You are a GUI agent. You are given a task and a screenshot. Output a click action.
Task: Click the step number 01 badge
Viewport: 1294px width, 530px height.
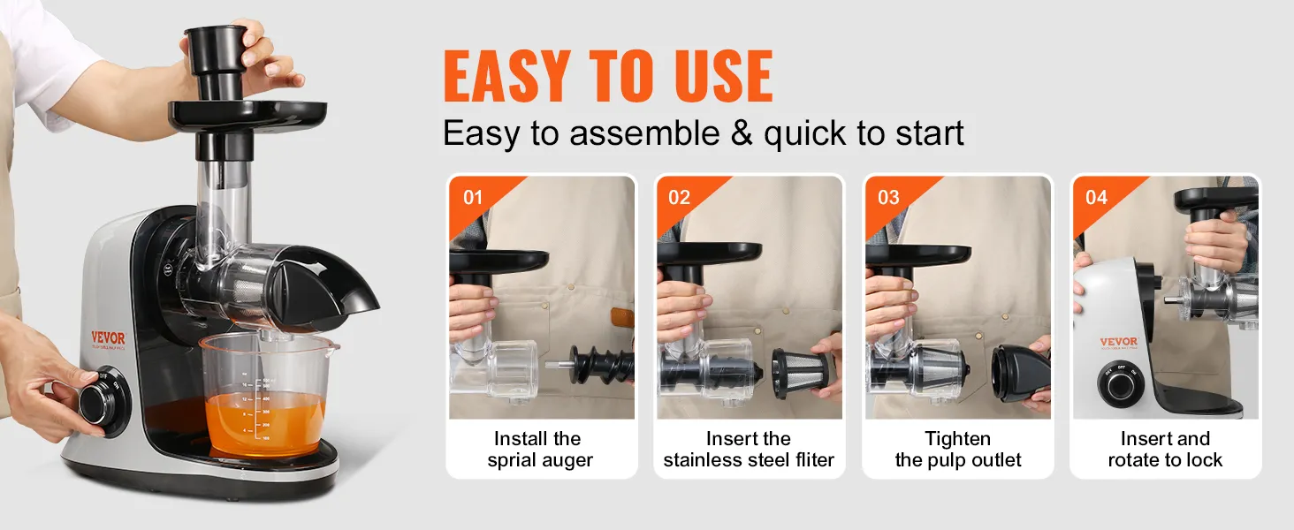pos(473,197)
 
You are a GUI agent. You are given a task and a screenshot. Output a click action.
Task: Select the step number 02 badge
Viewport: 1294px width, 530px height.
pos(679,197)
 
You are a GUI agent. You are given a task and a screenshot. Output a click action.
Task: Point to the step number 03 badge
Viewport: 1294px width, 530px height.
pos(887,197)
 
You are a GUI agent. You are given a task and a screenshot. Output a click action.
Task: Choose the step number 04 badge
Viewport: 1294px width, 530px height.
pos(1096,197)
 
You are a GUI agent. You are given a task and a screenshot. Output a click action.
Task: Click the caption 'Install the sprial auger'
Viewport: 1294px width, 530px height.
pos(540,450)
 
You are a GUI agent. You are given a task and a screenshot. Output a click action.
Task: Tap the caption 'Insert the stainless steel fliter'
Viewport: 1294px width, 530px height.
pos(749,450)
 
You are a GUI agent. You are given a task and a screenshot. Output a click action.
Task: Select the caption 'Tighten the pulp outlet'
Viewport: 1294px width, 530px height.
pos(958,450)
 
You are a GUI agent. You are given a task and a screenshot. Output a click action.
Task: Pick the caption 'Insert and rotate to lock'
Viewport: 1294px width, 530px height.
pos(1165,450)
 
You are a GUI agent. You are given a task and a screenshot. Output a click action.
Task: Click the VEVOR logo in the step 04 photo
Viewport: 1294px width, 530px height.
pos(1119,343)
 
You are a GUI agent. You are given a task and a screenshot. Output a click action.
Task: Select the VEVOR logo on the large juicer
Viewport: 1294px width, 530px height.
pos(108,338)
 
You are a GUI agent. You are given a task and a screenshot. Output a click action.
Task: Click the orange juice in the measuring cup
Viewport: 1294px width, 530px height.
pos(265,422)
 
